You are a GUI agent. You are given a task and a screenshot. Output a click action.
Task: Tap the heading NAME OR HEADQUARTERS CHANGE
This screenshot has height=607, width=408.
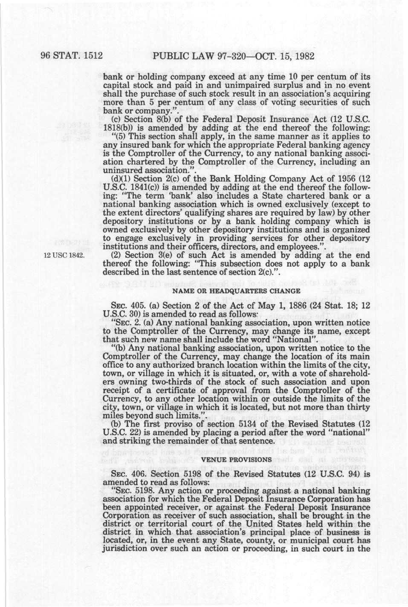click(236, 291)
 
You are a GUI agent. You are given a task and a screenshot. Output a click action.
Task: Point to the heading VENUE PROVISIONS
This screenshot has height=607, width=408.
click(236, 460)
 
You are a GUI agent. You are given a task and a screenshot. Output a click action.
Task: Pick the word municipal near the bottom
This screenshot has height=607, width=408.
click(311, 541)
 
